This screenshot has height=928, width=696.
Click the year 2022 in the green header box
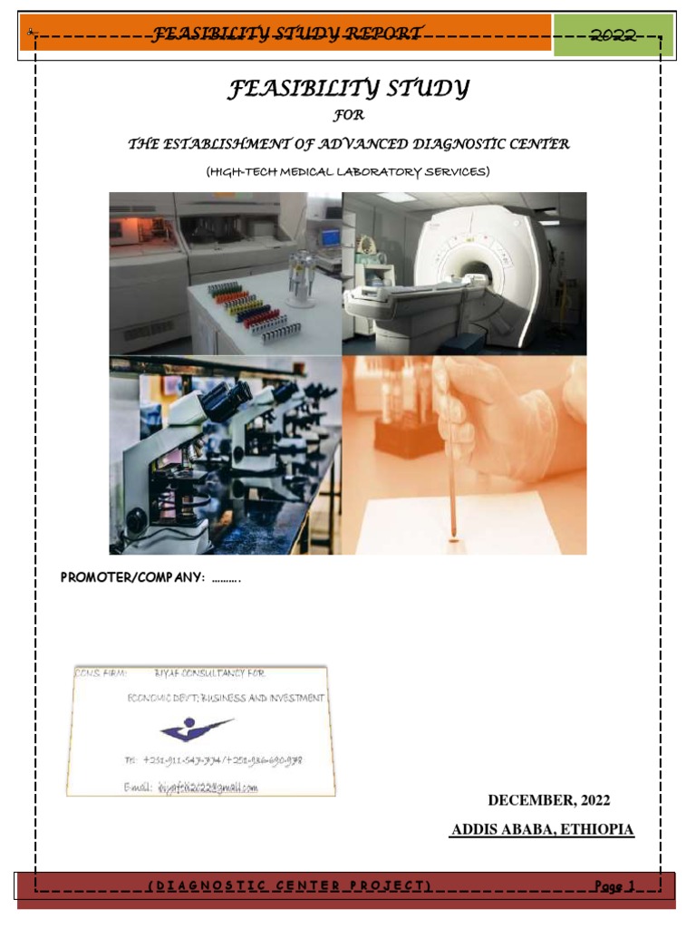614,35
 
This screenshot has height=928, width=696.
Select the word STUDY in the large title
421,89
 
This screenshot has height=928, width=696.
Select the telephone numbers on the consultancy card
213,760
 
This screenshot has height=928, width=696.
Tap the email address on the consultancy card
204,788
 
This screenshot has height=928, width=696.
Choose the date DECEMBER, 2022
549,800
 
